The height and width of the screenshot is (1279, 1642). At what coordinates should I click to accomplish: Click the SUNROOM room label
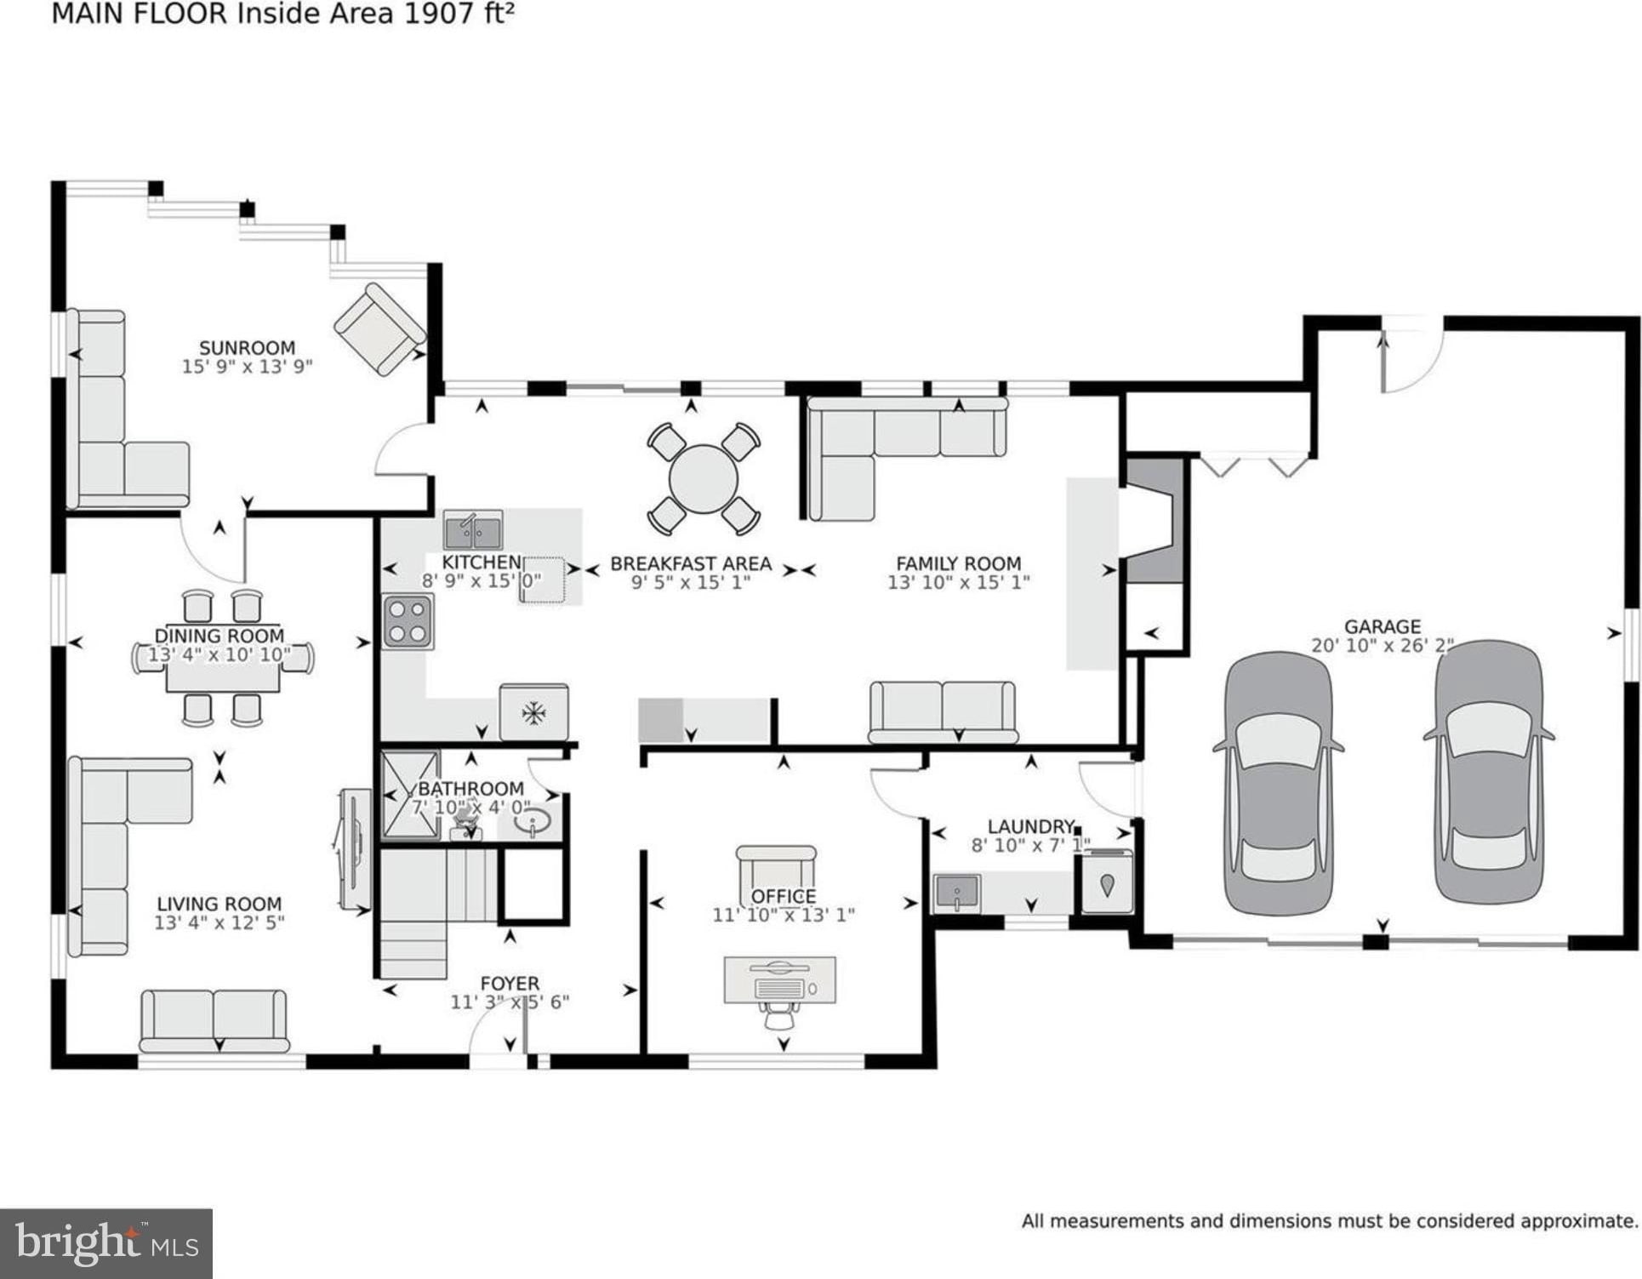tap(247, 347)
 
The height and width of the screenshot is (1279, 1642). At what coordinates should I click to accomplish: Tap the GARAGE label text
tap(1382, 626)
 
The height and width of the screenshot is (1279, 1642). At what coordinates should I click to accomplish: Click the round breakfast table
tap(703, 480)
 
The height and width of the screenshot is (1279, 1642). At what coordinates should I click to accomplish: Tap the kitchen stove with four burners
tap(408, 622)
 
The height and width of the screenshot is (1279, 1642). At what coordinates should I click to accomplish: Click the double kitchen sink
tap(473, 531)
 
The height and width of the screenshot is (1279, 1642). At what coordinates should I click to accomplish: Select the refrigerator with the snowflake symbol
tap(533, 712)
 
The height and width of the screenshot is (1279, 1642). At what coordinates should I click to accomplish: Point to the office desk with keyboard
tap(779, 980)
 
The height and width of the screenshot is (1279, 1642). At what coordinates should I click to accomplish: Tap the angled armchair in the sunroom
tap(379, 329)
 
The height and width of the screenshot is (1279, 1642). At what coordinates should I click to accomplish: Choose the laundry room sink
tap(957, 894)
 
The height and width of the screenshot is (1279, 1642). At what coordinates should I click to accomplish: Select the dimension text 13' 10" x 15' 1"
tap(958, 583)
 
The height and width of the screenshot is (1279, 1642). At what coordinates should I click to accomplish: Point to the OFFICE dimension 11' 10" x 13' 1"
tap(783, 915)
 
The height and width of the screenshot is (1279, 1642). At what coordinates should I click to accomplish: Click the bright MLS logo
tap(106, 1243)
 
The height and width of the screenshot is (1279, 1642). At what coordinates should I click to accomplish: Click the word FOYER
tap(510, 984)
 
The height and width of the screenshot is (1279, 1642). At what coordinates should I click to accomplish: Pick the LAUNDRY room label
tap(1031, 826)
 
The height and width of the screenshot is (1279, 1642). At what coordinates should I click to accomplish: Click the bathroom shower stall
tap(410, 795)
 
